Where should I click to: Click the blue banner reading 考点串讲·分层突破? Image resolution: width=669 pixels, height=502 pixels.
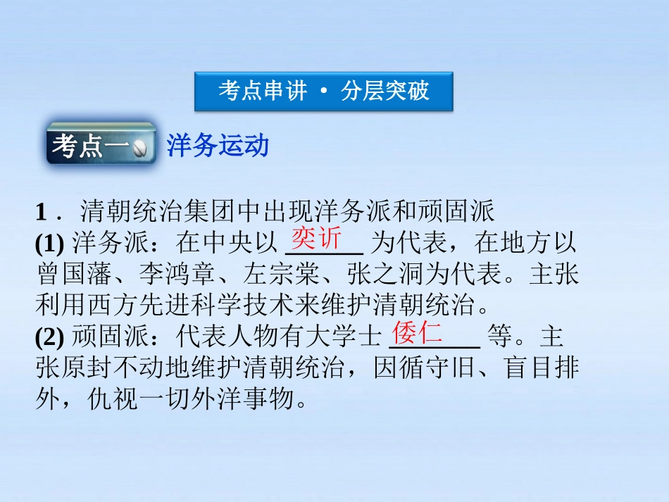click(323, 91)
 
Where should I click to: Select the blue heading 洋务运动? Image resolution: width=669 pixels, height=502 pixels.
click(218, 146)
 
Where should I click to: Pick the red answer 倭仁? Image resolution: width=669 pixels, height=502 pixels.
click(417, 332)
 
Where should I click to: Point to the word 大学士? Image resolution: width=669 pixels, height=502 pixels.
click(349, 338)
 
